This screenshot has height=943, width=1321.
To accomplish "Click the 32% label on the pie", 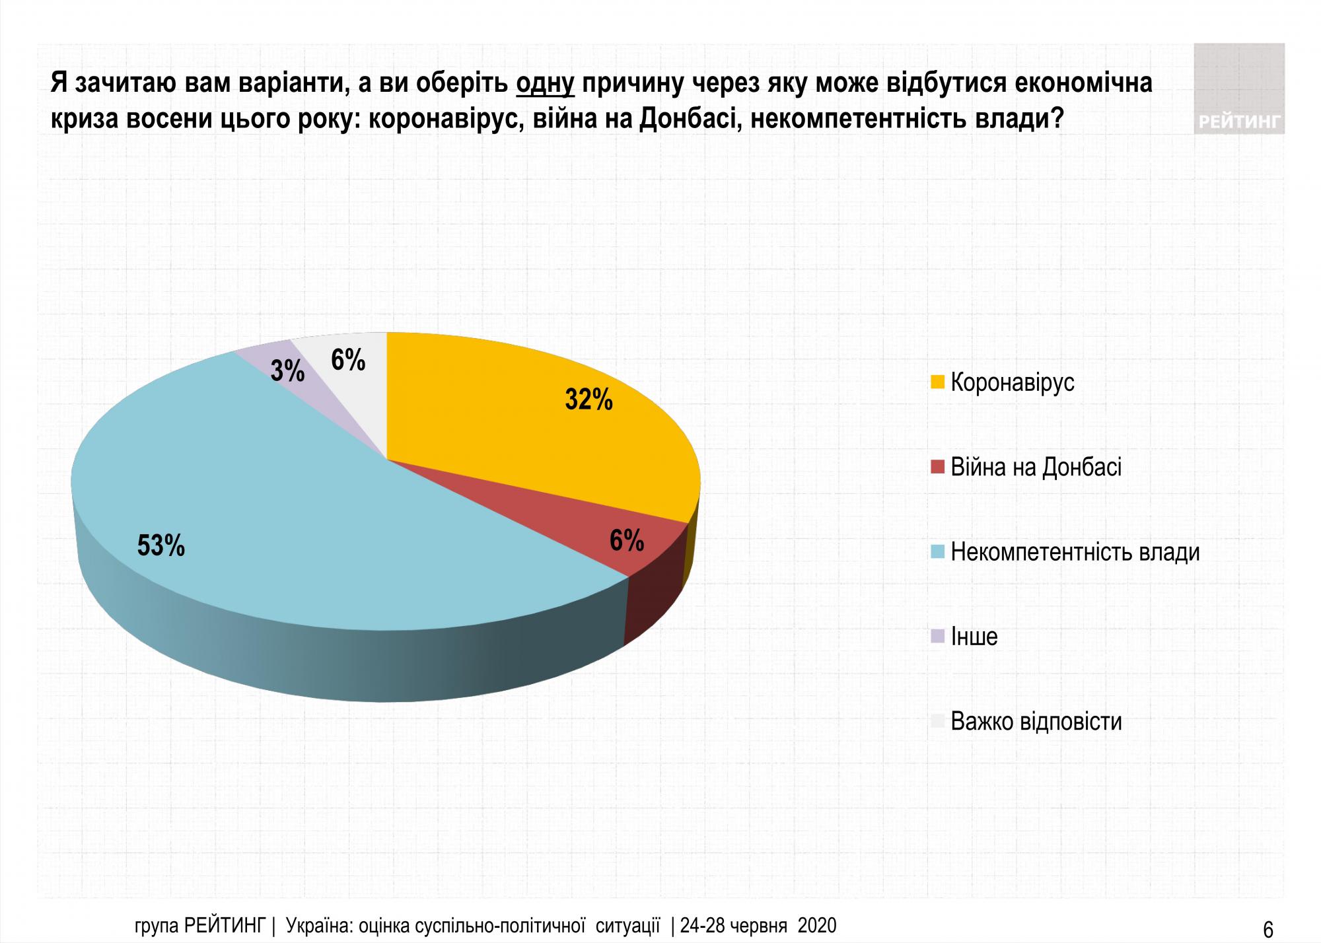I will (x=589, y=400).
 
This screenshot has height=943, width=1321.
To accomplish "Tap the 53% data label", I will (x=161, y=545).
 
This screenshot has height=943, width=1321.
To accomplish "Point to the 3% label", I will (x=287, y=371).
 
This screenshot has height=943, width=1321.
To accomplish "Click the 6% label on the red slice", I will (x=627, y=541).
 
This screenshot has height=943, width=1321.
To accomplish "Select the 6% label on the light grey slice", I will (x=348, y=360).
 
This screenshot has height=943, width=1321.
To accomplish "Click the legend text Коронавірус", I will (x=1012, y=382).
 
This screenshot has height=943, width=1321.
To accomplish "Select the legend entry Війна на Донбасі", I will (x=1036, y=468).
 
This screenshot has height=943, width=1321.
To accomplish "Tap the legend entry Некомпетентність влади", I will (x=1075, y=552).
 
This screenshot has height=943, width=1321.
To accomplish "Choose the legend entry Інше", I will (x=974, y=637).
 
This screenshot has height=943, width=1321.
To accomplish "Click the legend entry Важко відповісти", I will (x=1036, y=721).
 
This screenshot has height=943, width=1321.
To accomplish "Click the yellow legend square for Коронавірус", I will (x=937, y=382).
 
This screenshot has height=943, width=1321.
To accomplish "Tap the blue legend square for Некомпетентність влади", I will (x=937, y=552).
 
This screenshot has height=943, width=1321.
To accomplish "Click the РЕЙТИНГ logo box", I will (x=1238, y=88).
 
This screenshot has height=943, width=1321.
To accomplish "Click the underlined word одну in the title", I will (x=545, y=83).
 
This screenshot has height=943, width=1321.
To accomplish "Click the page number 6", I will (x=1268, y=929).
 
